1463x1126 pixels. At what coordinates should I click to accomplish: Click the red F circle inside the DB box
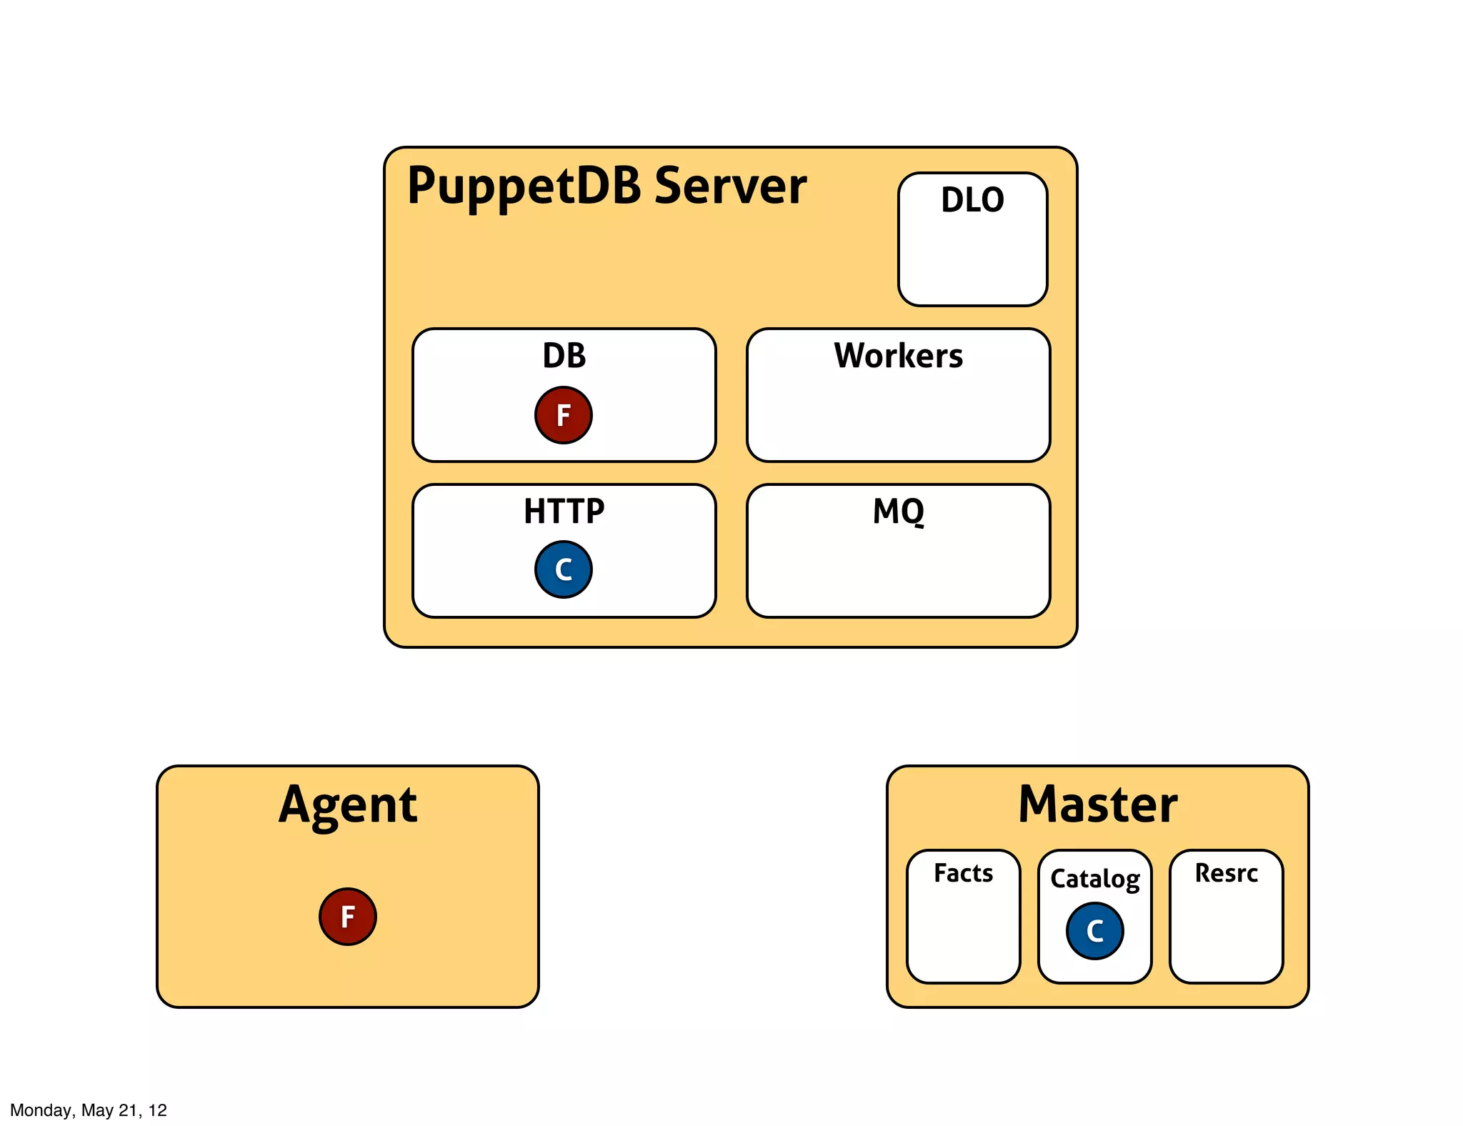click(563, 415)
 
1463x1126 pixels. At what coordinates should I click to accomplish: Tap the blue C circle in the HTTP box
click(563, 569)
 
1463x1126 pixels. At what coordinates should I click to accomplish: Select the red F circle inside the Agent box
click(347, 917)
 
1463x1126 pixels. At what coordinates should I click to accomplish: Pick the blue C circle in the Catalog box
click(1094, 931)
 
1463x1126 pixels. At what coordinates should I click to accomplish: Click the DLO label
click(972, 200)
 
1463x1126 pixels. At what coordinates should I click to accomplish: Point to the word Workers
click(898, 356)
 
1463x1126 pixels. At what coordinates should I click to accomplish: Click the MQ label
click(898, 512)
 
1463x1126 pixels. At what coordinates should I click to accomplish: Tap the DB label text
click(564, 356)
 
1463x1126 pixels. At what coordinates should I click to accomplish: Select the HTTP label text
click(564, 512)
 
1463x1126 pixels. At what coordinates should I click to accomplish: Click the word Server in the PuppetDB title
click(730, 186)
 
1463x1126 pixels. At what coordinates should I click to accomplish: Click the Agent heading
click(348, 805)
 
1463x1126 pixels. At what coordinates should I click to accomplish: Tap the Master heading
click(1097, 804)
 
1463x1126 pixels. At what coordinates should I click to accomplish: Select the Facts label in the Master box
click(963, 873)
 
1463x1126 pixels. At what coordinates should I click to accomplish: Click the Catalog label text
click(1094, 878)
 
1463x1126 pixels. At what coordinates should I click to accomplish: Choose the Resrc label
click(1226, 873)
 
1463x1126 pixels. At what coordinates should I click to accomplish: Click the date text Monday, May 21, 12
click(89, 1110)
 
